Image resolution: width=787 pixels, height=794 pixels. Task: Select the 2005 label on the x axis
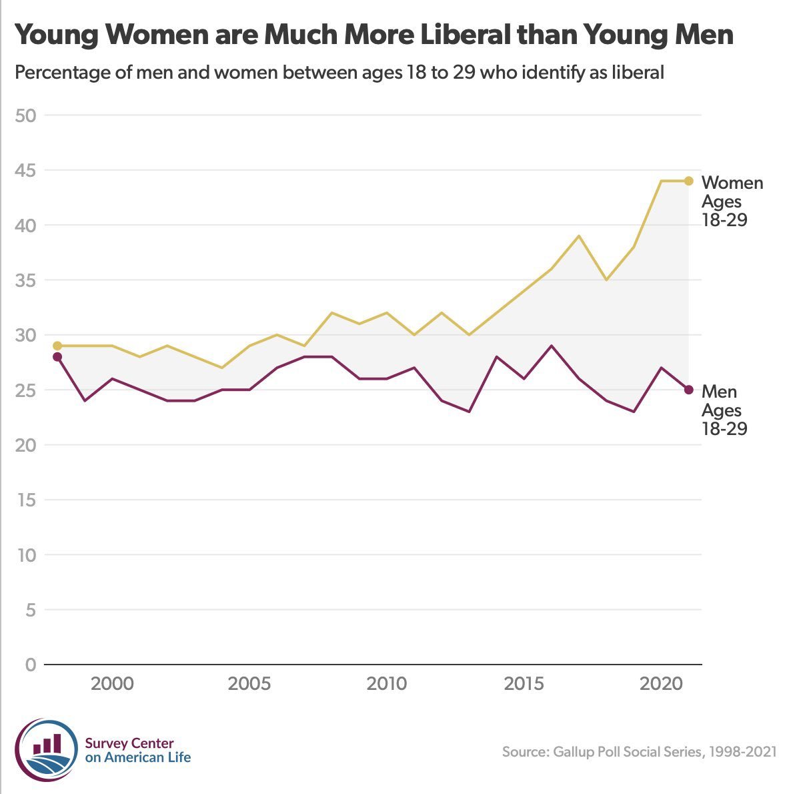(249, 684)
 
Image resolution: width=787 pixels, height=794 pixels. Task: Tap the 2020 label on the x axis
(660, 684)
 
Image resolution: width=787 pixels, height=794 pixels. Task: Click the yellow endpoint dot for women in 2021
(689, 181)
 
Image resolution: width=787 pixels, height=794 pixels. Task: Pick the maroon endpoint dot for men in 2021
(689, 390)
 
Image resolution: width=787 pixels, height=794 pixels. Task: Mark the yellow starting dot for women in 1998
(57, 346)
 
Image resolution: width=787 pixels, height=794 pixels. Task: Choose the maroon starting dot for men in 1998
(57, 357)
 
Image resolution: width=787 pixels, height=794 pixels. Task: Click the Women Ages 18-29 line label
(732, 201)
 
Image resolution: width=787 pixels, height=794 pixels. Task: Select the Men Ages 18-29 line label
(724, 410)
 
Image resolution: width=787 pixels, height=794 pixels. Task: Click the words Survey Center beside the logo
(129, 743)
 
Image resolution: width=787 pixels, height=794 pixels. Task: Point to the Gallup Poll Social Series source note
(639, 752)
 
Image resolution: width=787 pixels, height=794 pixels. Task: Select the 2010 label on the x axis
(386, 684)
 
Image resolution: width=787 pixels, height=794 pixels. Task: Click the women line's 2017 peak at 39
(579, 236)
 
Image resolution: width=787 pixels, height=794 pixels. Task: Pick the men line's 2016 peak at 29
(552, 346)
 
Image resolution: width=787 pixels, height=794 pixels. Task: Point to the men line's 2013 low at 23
(470, 412)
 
